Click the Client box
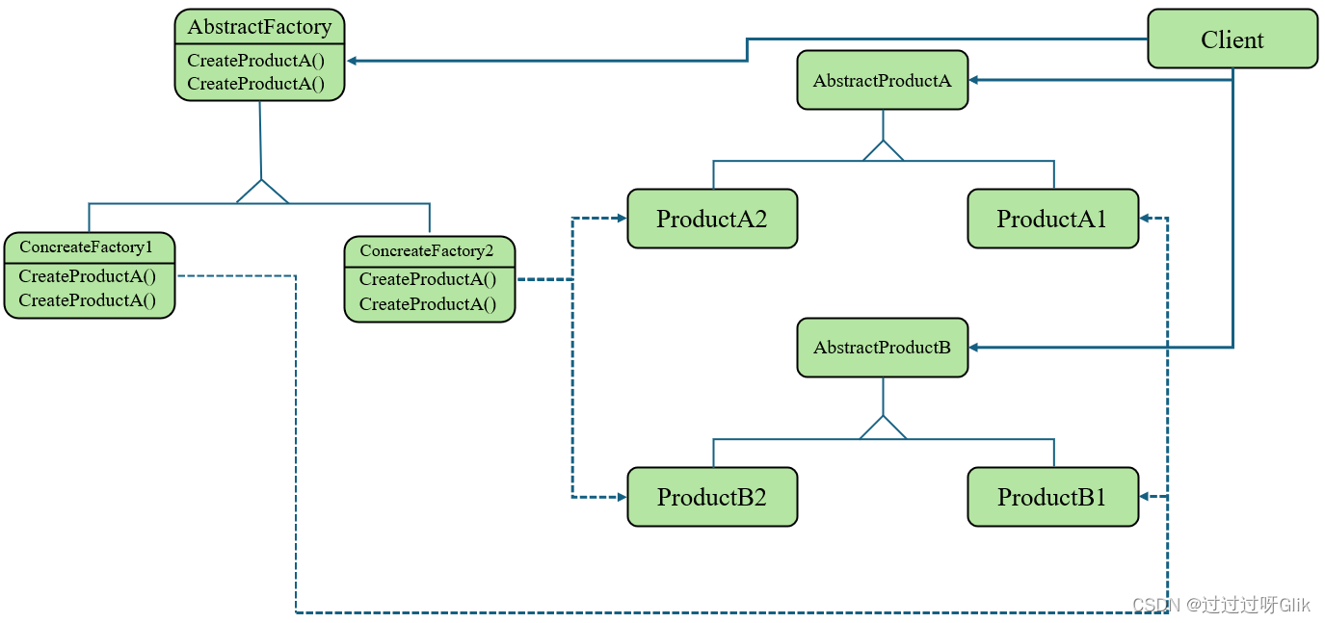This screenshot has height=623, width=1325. (1232, 39)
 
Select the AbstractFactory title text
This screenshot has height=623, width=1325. (259, 27)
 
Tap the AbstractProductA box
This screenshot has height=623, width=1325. (883, 80)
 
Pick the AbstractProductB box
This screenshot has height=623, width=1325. (883, 348)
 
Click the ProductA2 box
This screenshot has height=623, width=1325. (712, 219)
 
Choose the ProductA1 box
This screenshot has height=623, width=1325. (1053, 219)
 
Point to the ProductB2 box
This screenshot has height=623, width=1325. (712, 497)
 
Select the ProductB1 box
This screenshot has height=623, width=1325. (1053, 497)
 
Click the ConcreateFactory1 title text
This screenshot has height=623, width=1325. (86, 247)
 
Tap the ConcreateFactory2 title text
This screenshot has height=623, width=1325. (427, 250)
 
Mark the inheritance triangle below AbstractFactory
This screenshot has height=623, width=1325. (262, 192)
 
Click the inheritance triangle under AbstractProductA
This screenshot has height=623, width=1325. (883, 151)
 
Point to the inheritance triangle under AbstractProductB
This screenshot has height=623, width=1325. (883, 428)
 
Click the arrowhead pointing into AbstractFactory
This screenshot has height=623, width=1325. (352, 61)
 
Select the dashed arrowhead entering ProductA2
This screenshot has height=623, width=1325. (622, 219)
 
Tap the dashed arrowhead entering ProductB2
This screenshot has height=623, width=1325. (622, 497)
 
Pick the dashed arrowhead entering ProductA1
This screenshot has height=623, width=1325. (1145, 219)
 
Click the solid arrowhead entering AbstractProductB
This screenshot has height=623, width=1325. (973, 348)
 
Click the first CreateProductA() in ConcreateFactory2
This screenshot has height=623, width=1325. (428, 279)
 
